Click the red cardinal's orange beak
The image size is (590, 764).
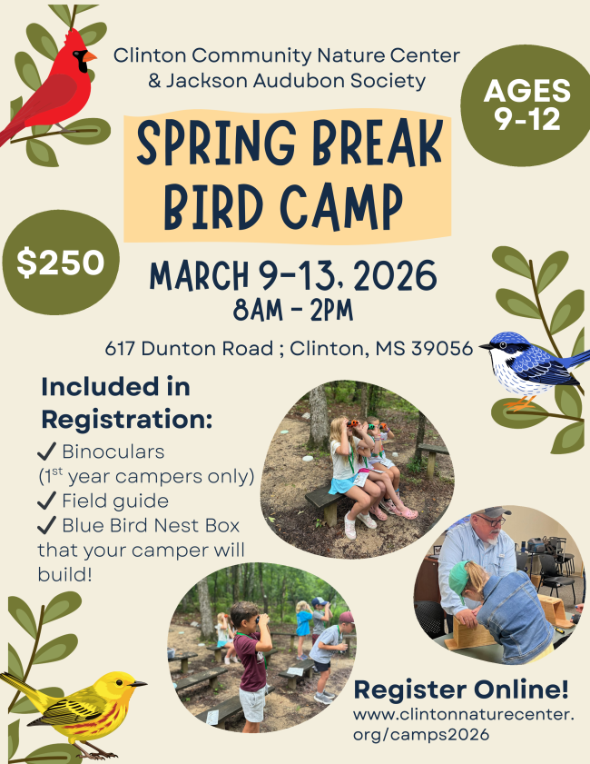[90, 57]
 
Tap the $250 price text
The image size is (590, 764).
[61, 263]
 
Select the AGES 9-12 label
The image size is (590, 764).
[527, 104]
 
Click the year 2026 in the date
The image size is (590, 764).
[395, 275]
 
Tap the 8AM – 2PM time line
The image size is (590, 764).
[293, 311]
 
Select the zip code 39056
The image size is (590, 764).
[442, 348]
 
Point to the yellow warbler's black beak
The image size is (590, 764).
[139, 684]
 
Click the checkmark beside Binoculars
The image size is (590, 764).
[46, 452]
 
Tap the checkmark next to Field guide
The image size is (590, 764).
[46, 501]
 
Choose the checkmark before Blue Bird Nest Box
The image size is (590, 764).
[46, 526]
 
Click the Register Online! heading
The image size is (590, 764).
[461, 690]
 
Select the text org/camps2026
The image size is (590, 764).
[421, 734]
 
